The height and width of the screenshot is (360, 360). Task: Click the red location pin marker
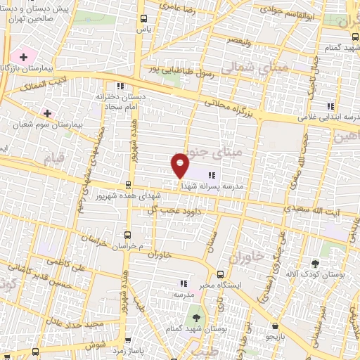pyautogui.click(x=180, y=165)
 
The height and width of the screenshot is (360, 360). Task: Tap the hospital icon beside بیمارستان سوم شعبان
pyautogui.click(x=47, y=112)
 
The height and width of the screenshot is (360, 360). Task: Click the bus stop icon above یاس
pyautogui.click(x=144, y=19)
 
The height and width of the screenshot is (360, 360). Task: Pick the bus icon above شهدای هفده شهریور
pyautogui.click(x=127, y=186)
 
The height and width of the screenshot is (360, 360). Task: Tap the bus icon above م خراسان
pyautogui.click(x=127, y=236)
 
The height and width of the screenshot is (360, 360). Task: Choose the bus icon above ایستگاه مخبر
pyautogui.click(x=220, y=274)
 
